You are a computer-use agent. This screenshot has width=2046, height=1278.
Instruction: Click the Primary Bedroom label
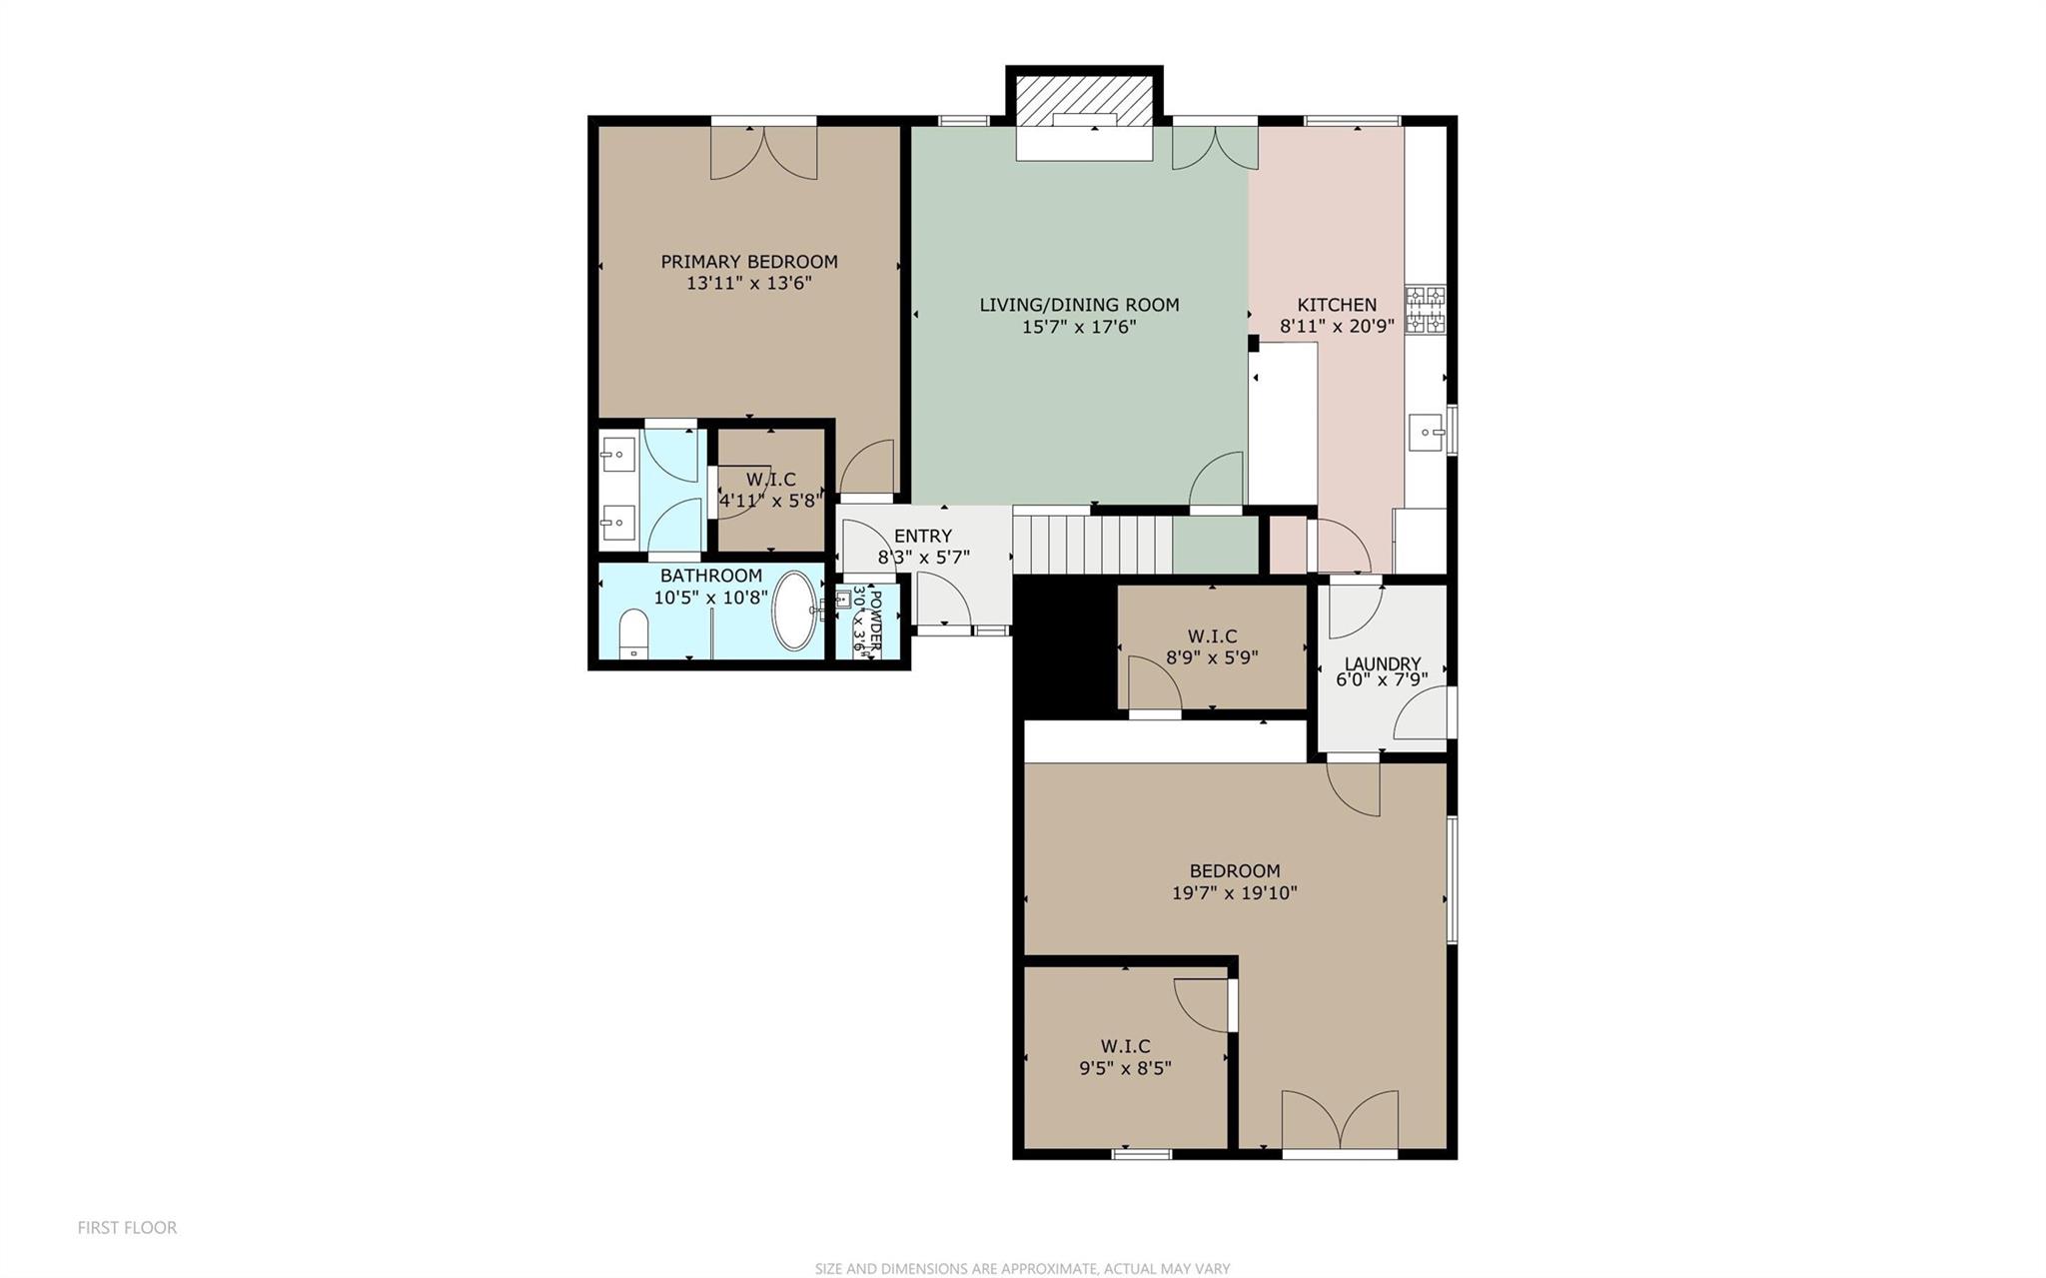pyautogui.click(x=749, y=262)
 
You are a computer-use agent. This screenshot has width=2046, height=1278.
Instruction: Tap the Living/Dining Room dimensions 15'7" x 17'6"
pyautogui.click(x=1079, y=327)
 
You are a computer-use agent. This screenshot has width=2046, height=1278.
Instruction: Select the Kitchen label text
pyautogui.click(x=1337, y=305)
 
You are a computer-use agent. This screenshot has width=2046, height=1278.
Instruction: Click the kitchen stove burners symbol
pyautogui.click(x=1426, y=310)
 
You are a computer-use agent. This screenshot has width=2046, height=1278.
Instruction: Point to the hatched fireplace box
pyautogui.click(x=1084, y=101)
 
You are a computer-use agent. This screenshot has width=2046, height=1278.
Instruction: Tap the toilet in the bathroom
pyautogui.click(x=634, y=634)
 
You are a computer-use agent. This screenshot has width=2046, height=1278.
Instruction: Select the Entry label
pyautogui.click(x=923, y=537)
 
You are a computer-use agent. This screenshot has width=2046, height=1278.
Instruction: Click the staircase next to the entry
pyautogui.click(x=1092, y=544)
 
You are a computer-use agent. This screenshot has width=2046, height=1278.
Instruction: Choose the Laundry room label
pyautogui.click(x=1383, y=663)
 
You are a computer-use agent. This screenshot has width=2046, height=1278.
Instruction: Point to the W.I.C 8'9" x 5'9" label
pyautogui.click(x=1212, y=647)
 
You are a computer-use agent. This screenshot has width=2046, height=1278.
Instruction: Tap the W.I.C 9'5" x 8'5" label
pyautogui.click(x=1125, y=1057)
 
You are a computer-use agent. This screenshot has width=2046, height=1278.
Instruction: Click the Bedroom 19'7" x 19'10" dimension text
pyautogui.click(x=1235, y=893)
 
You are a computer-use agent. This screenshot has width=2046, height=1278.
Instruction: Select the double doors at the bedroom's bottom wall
pyautogui.click(x=1340, y=1120)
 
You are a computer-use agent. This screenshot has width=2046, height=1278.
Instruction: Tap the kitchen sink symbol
pyautogui.click(x=1426, y=433)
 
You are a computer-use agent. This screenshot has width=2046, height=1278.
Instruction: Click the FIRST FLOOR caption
pyautogui.click(x=127, y=1228)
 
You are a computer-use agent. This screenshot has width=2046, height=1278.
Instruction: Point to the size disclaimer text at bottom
pyautogui.click(x=1022, y=1269)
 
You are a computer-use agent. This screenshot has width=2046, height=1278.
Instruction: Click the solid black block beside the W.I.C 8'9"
pyautogui.click(x=1065, y=646)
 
